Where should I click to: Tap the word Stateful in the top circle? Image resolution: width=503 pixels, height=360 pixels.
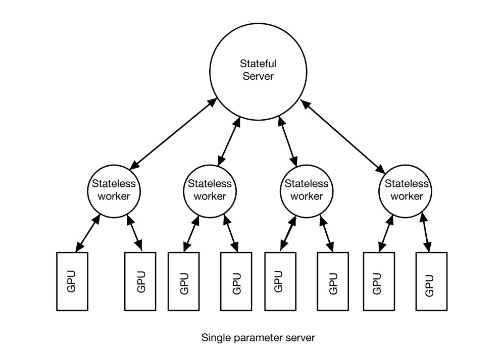click(258, 64)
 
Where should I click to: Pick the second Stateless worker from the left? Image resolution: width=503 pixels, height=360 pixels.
click(209, 189)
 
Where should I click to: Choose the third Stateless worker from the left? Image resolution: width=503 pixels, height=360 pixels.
click(307, 189)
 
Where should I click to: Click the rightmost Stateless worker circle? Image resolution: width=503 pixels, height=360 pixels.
click(405, 189)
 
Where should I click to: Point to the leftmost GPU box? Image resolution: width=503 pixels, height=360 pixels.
click(71, 281)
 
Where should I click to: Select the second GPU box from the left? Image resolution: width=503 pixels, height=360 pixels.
click(140, 281)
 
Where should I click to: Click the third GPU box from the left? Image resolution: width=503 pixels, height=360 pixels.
click(183, 281)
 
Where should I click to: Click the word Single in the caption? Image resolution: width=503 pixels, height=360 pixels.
click(214, 337)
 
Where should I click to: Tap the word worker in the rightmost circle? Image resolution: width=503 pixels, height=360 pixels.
click(405, 196)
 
